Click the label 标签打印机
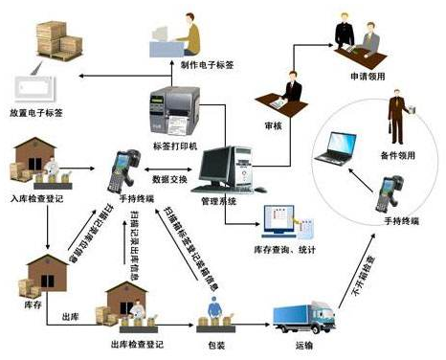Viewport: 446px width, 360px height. click(x=171, y=146)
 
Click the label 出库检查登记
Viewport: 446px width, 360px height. click(x=134, y=341)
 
